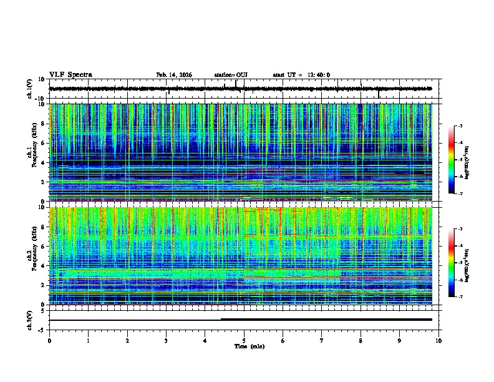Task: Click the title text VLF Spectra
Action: coord(70,75)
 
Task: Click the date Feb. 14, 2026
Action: coord(174,75)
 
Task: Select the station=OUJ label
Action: coord(231,75)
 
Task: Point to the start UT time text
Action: coord(301,75)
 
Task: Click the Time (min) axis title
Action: coord(249,346)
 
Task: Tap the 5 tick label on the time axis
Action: coord(244,340)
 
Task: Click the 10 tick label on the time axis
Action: coord(438,340)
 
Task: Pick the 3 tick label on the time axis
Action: coord(166,340)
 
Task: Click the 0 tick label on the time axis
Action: coord(49,340)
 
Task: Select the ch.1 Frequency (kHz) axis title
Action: coord(31,152)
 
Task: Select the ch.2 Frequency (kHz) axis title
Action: coord(31,255)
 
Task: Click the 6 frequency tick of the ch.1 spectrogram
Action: coord(44,143)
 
